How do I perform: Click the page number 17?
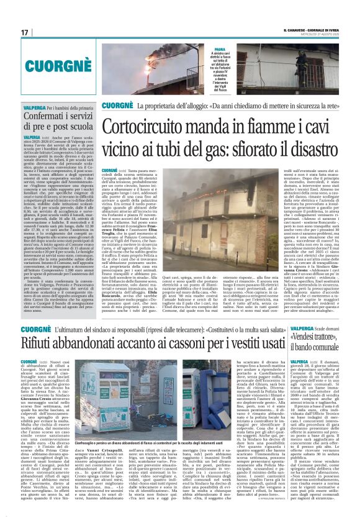(25, 32)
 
